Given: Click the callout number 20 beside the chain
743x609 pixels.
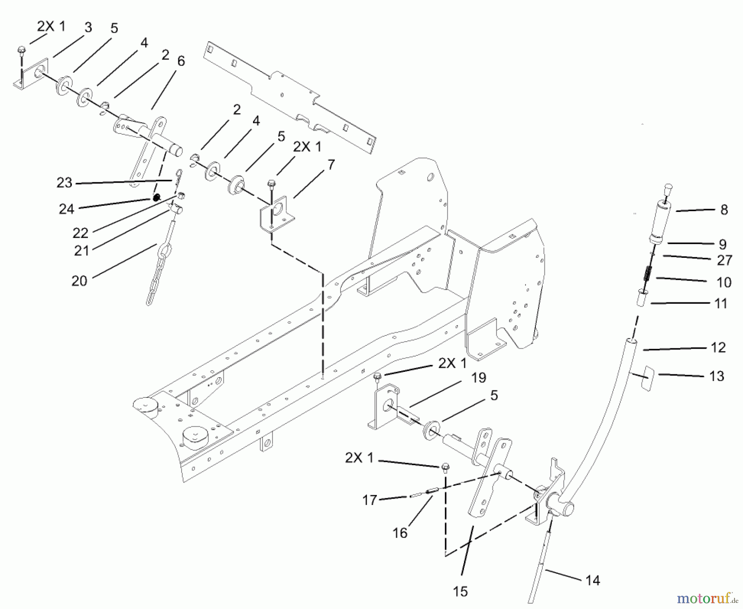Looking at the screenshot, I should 79,281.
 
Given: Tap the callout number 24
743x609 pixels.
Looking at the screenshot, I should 66,209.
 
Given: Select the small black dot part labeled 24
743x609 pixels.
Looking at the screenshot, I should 156,198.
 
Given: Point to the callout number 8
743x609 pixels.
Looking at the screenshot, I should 724,210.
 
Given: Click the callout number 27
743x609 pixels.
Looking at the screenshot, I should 724,260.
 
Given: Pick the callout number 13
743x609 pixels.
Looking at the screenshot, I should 717,376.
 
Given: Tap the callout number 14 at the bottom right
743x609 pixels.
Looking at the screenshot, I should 592,580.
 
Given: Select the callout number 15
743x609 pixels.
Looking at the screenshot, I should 460,591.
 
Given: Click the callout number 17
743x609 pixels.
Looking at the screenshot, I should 370,500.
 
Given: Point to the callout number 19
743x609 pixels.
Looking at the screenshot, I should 479,377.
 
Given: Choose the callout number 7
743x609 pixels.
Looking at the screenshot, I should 331,165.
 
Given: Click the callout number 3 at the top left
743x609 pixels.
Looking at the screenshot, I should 88,27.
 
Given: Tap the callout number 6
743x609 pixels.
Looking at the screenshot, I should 181,61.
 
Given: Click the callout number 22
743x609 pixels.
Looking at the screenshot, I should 80,233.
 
